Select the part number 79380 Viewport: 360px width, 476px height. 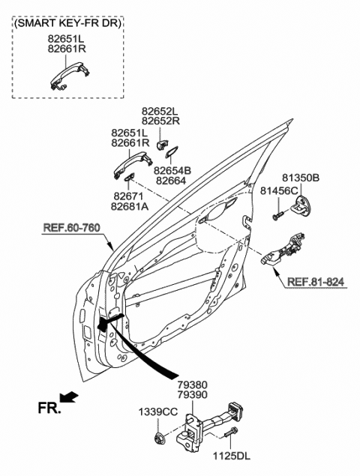[193, 383]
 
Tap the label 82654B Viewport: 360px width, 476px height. [172, 171]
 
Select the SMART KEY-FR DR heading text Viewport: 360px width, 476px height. [68, 23]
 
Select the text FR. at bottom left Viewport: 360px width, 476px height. [48, 409]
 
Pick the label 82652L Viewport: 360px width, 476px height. [160, 111]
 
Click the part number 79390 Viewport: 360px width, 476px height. [193, 394]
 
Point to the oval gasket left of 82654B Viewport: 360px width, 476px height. [170, 156]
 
